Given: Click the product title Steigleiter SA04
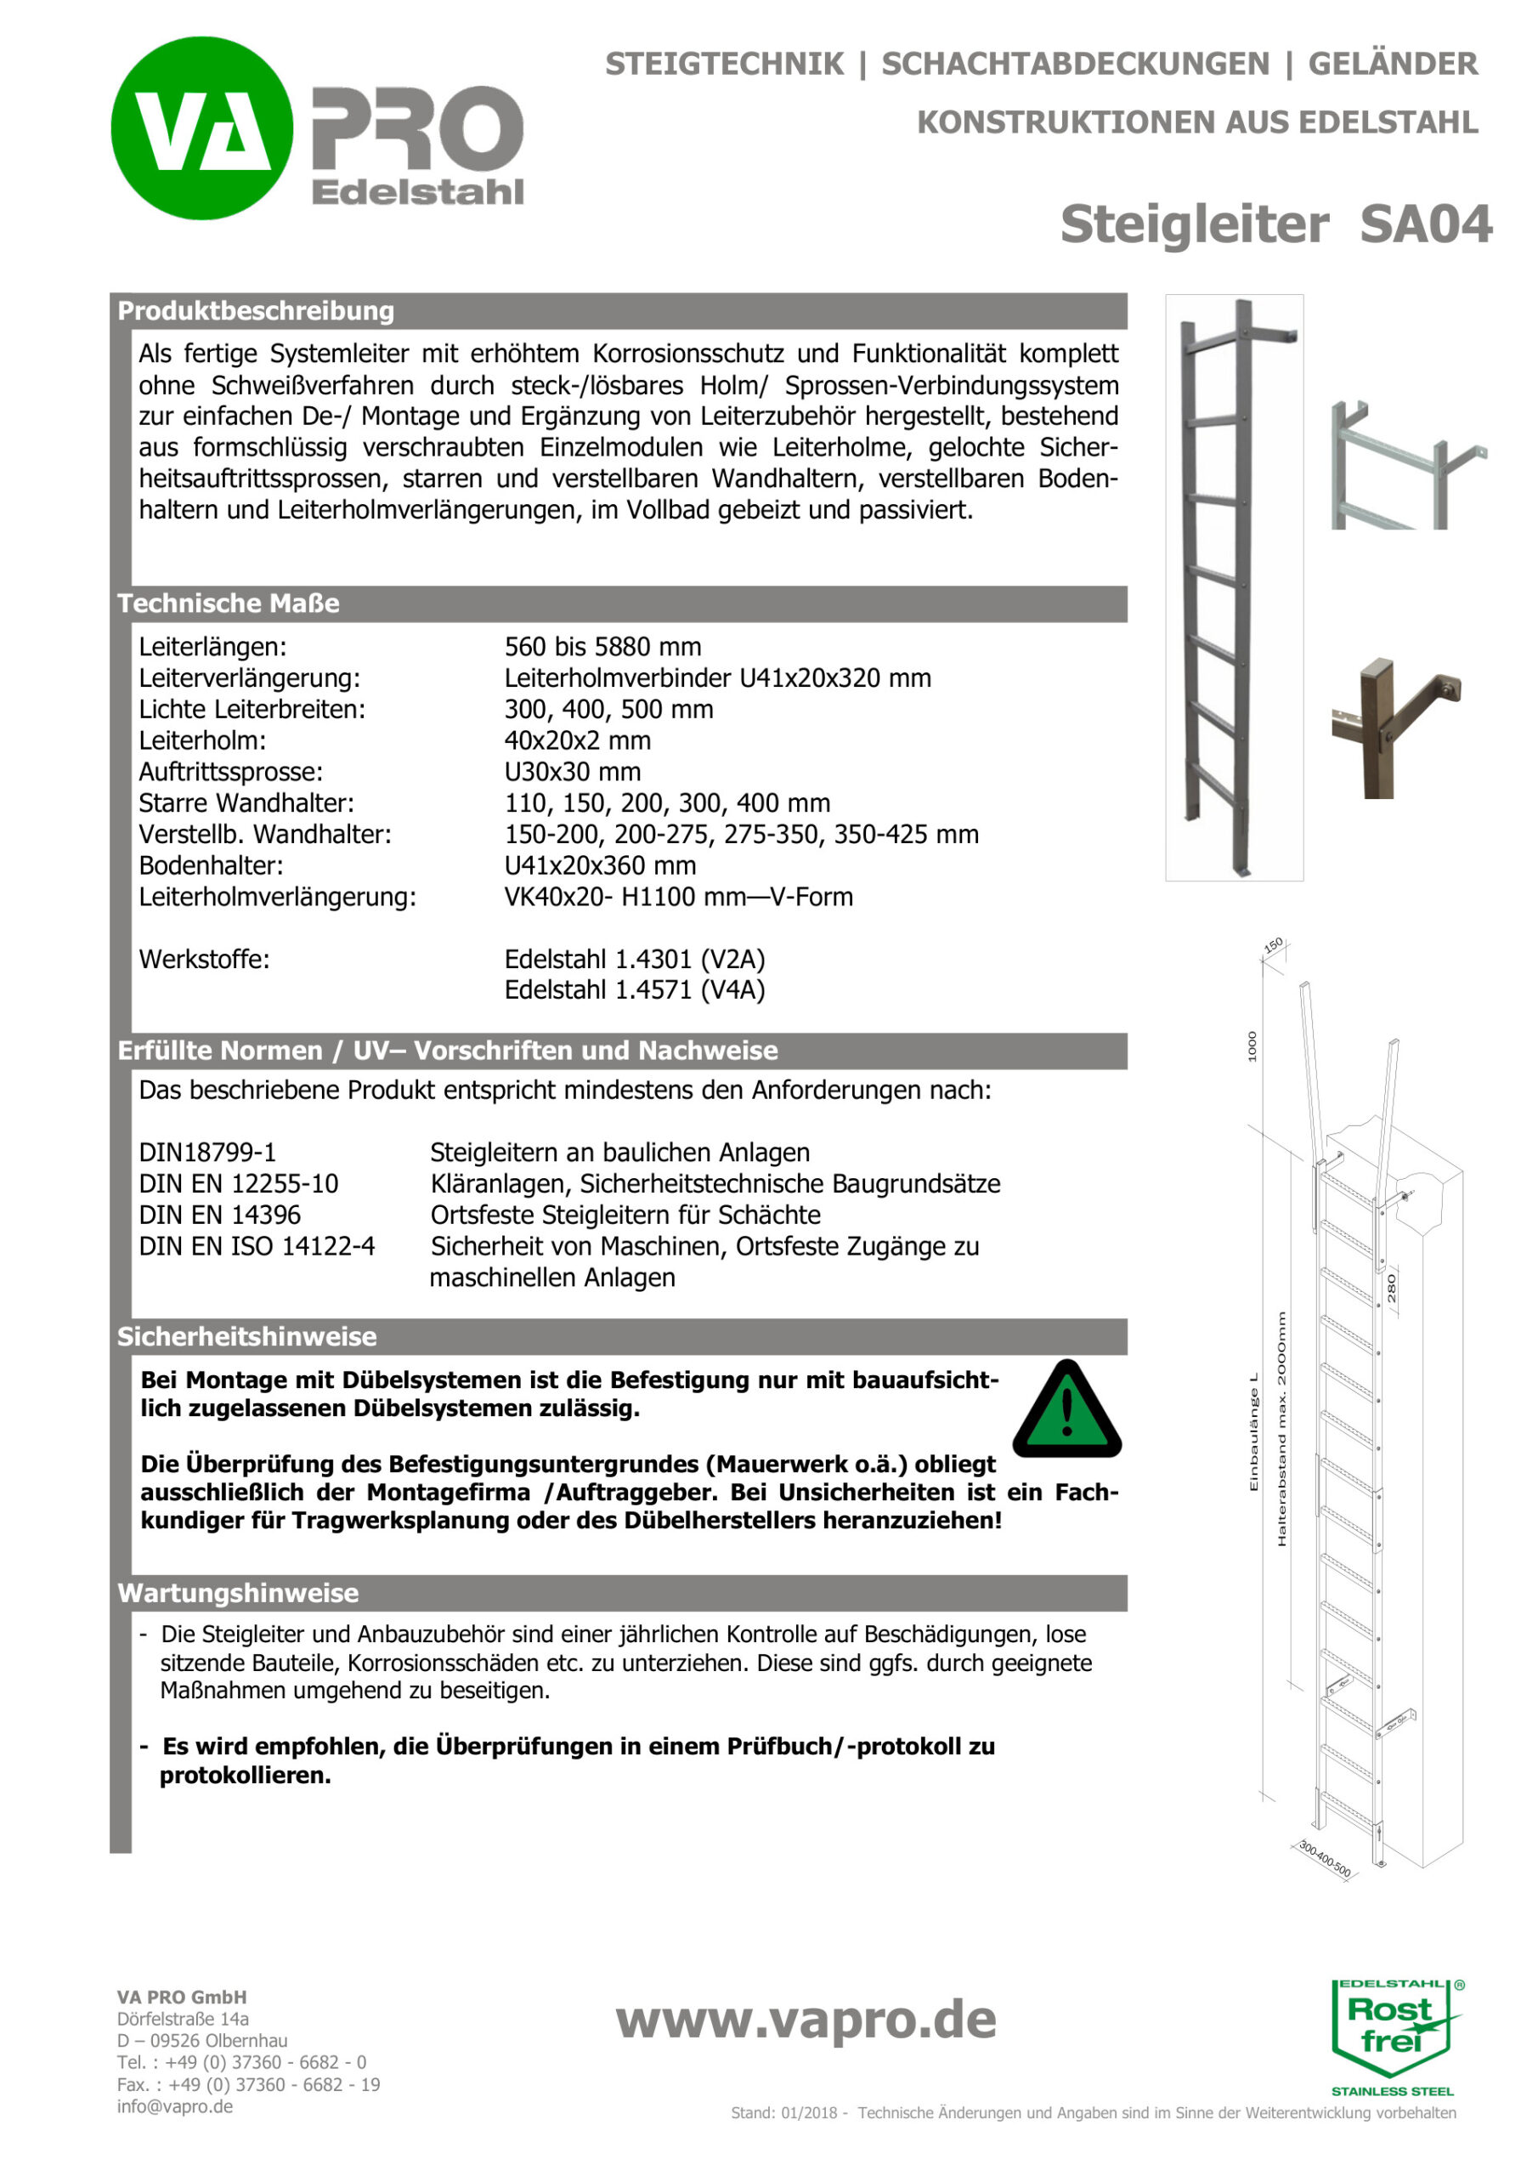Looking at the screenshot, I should pyautogui.click(x=1275, y=224).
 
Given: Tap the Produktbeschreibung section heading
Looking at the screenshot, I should pyautogui.click(x=256, y=311).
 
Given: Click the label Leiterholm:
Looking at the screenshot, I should pyautogui.click(x=202, y=740).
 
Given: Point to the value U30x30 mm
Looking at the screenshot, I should pyautogui.click(x=573, y=772).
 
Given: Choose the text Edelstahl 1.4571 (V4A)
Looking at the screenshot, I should pyautogui.click(x=634, y=989).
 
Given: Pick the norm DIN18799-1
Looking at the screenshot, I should pyautogui.click(x=207, y=1153).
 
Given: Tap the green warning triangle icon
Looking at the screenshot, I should pyautogui.click(x=1067, y=1410).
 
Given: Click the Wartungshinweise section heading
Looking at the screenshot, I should pyautogui.click(x=238, y=1593).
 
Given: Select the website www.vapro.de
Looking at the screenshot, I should pyautogui.click(x=806, y=2020).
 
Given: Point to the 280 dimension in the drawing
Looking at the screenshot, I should pyautogui.click(x=1391, y=1288).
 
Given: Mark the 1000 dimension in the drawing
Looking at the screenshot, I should pyautogui.click(x=1252, y=1046).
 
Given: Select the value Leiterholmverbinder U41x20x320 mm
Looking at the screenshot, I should pyautogui.click(x=717, y=677).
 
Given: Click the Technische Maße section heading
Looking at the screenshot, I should pyautogui.click(x=229, y=603).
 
